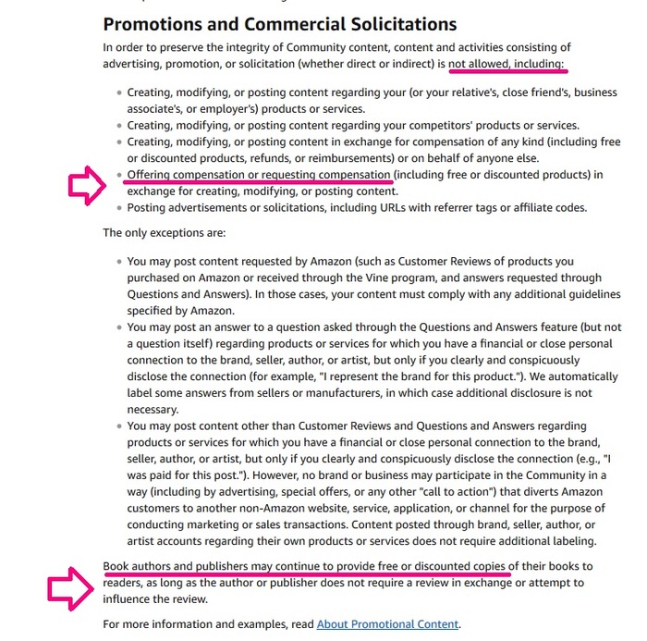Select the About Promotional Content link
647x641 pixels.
[x=387, y=623]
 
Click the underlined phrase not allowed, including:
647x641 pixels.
[x=507, y=63]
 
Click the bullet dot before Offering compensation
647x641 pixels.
[x=118, y=175]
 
